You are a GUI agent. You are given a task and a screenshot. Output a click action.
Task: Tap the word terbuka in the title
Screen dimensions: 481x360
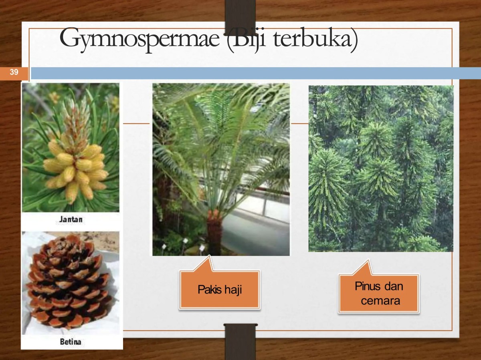coord(314,39)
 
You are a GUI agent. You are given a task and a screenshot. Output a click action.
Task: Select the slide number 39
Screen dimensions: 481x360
coord(14,72)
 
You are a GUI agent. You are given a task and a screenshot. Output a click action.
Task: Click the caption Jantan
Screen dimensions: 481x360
coord(71,219)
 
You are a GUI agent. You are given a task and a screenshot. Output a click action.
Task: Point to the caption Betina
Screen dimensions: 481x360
coord(71,342)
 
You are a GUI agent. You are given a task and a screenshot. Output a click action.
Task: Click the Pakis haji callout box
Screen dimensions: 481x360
coord(220,289)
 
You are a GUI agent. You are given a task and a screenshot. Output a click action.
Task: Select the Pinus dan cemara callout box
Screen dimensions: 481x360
coord(379,293)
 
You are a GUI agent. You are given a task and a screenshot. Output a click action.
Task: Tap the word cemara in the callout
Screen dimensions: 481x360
coord(380,301)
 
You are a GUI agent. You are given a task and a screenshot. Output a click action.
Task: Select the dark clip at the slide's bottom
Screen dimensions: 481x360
coord(240,342)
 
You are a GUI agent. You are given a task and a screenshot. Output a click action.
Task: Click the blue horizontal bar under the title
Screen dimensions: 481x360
coord(256,73)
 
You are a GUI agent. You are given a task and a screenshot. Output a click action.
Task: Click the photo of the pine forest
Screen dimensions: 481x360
coord(381,169)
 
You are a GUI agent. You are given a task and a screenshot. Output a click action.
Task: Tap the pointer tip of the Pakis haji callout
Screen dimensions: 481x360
coord(209,255)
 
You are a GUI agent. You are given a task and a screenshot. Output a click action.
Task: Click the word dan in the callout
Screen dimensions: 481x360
coord(394,286)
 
